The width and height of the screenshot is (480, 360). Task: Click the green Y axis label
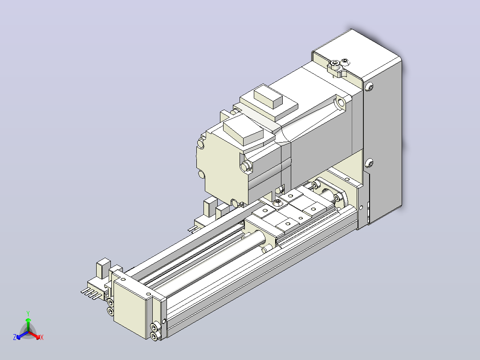(x=28, y=313)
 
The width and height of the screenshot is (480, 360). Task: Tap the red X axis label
(x=42, y=337)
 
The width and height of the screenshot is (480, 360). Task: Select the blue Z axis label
(x=15, y=337)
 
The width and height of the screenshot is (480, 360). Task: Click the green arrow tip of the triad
(x=28, y=319)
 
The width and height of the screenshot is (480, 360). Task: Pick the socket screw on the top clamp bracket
(x=334, y=64)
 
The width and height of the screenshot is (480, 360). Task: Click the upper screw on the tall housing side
(x=370, y=87)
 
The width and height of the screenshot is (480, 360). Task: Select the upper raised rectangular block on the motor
(x=268, y=96)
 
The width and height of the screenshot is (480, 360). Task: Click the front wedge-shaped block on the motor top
(x=244, y=131)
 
